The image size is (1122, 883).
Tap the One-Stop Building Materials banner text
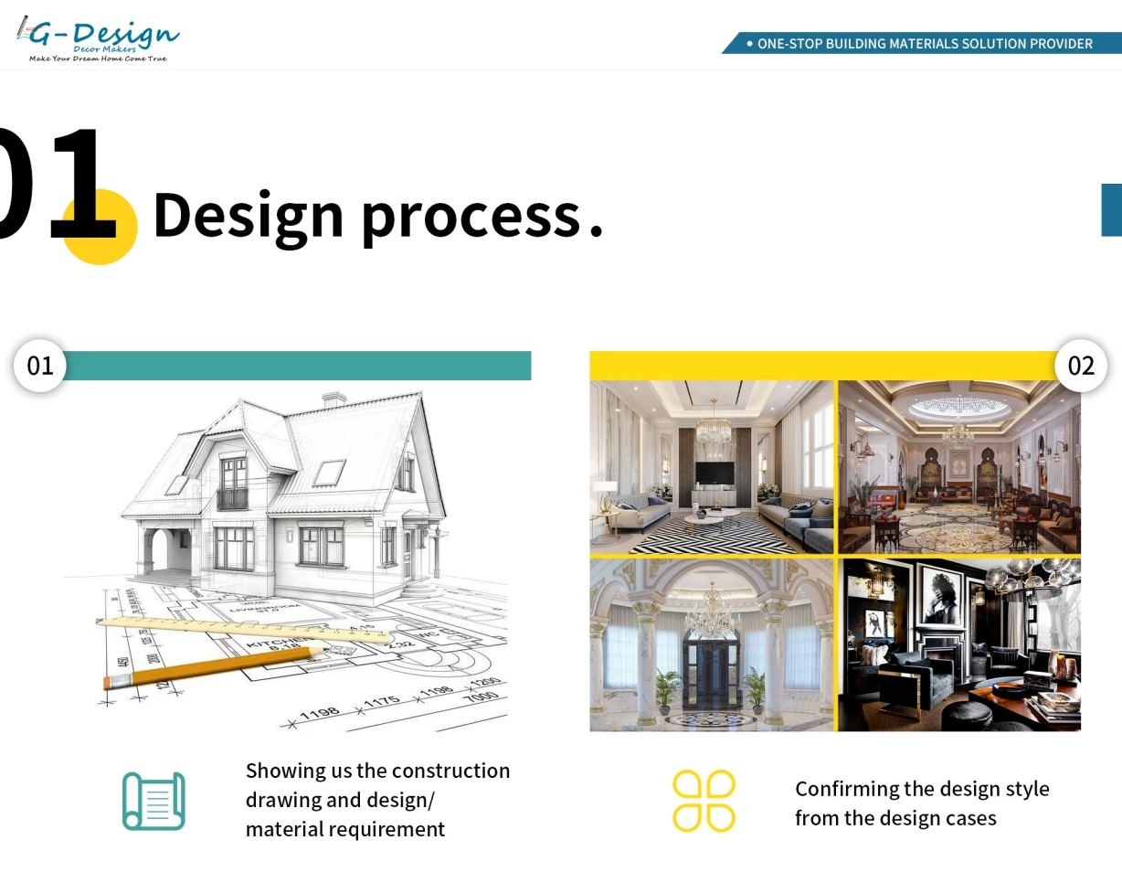click(924, 44)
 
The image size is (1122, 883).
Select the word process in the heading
click(471, 217)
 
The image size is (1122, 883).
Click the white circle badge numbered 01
click(40, 366)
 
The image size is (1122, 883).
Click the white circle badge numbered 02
click(1081, 366)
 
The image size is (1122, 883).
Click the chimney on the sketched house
click(334, 399)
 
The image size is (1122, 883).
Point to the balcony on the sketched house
click(232, 498)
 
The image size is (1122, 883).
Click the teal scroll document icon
click(153, 801)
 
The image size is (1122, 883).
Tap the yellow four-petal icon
click(704, 801)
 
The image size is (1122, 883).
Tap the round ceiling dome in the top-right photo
click(958, 405)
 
